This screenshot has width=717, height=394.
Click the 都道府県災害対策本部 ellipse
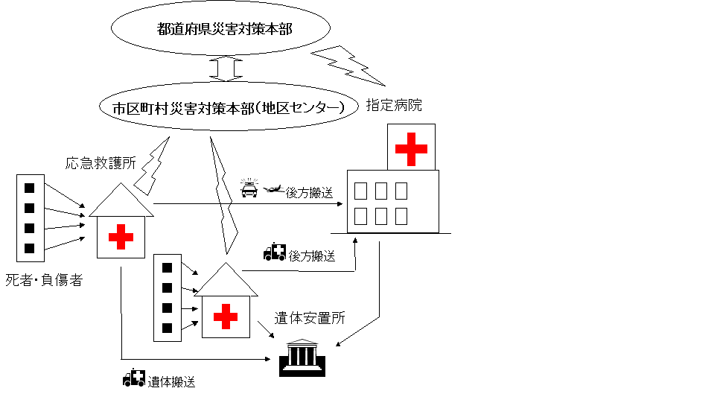(x=221, y=30)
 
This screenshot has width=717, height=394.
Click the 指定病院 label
(x=394, y=106)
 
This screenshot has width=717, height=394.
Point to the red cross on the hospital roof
(x=411, y=148)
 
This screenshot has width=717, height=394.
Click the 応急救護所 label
(x=101, y=163)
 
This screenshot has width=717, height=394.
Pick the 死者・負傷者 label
(x=44, y=280)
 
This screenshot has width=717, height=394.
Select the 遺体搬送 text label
(x=171, y=382)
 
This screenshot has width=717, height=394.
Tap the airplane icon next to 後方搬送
(x=274, y=189)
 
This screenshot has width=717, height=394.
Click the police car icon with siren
(x=249, y=188)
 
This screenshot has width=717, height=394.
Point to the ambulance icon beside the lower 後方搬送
(x=275, y=253)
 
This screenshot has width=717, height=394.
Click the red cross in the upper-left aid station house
(x=121, y=238)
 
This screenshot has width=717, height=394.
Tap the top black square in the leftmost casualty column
(x=30, y=188)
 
